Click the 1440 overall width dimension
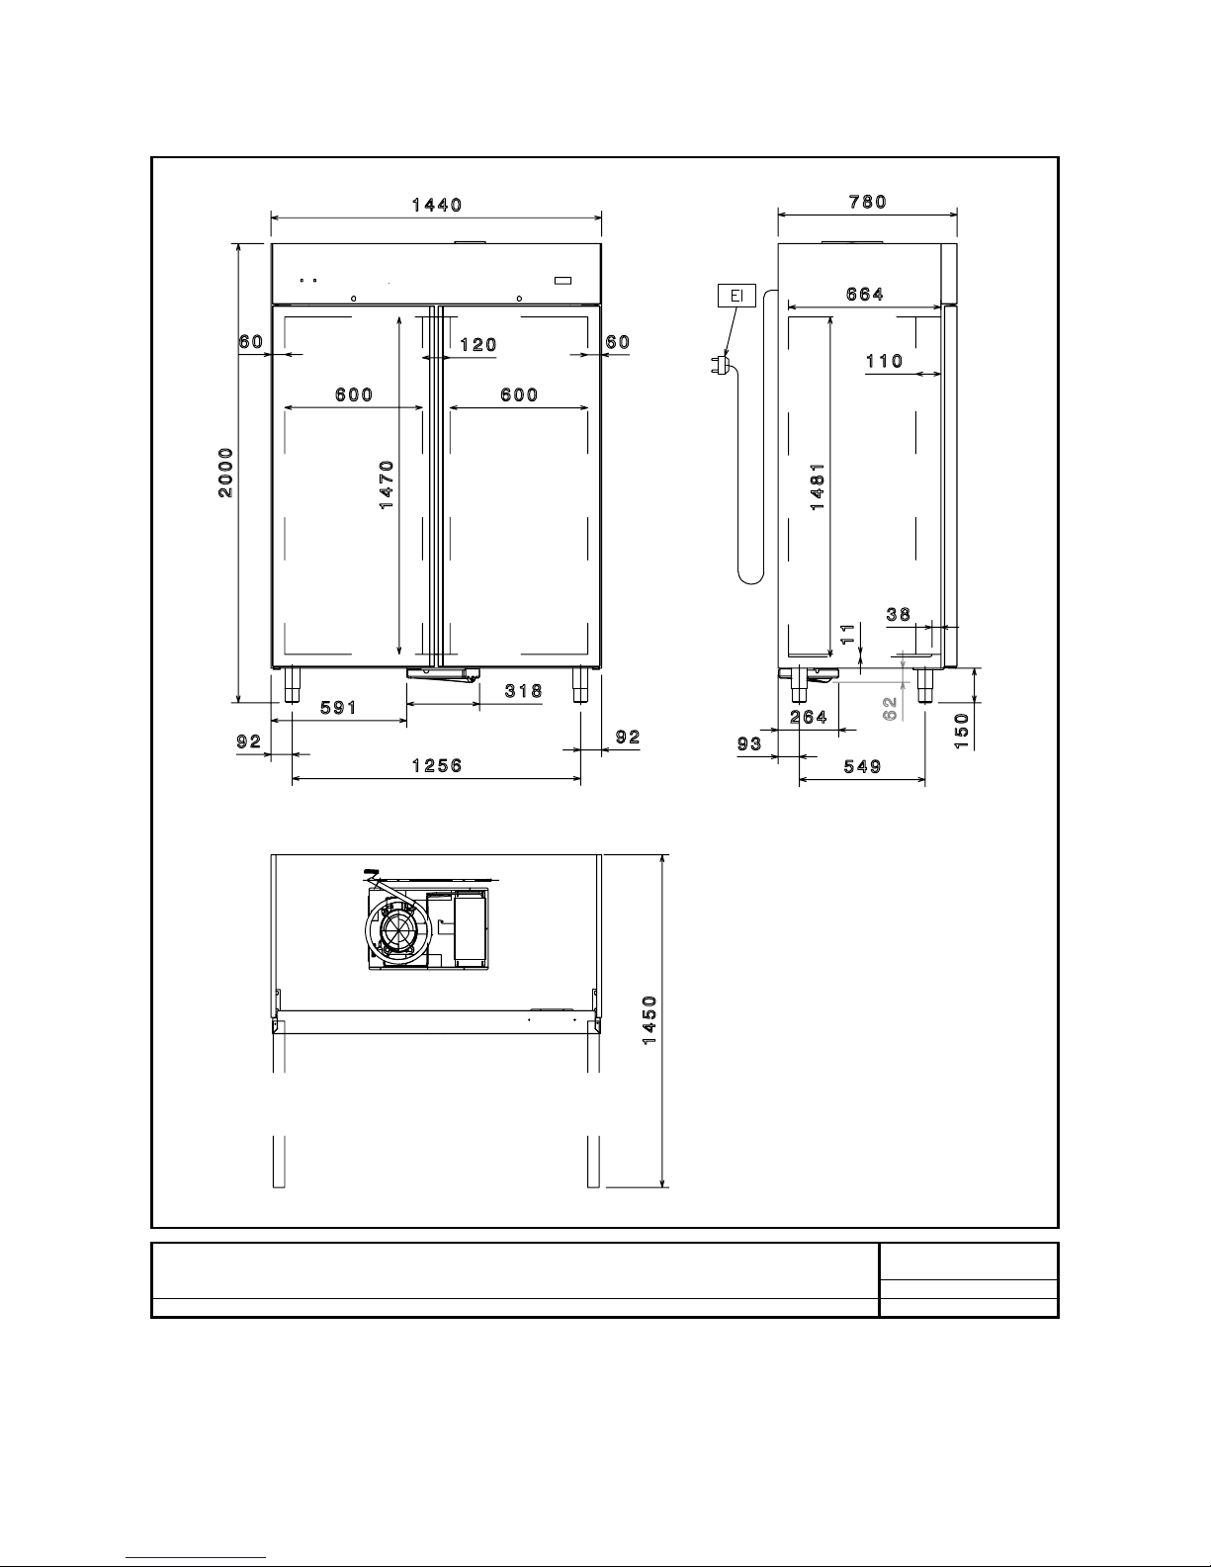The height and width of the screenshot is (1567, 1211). [437, 206]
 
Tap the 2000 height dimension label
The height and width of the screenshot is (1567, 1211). [226, 473]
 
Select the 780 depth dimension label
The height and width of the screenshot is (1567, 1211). [868, 202]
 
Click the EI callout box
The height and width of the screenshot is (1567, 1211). [736, 296]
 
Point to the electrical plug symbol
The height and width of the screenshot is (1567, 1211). [722, 365]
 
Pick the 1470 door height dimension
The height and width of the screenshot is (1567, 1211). [388, 485]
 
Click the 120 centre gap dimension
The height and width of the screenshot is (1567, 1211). [478, 345]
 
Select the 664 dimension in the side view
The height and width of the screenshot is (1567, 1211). [865, 295]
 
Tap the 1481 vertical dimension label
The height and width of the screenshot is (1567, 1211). [818, 487]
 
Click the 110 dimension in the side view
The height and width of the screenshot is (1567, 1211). [885, 361]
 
